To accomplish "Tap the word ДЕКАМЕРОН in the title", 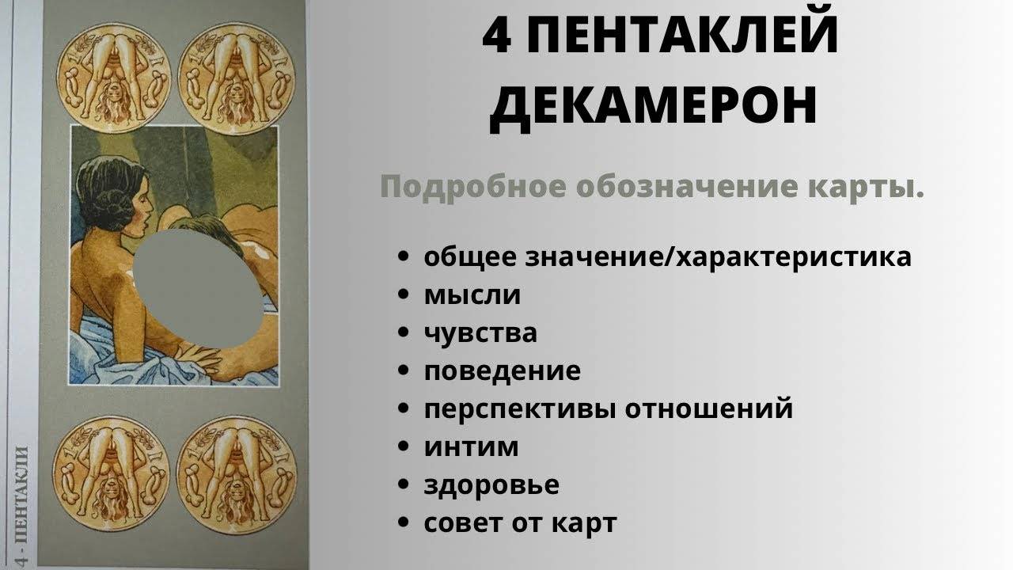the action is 654,105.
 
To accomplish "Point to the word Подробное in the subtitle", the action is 473,186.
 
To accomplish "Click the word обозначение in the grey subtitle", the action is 687,186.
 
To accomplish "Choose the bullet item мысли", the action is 472,295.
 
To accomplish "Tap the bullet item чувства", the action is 480,332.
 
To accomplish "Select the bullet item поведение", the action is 502,371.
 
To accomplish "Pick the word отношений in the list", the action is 708,408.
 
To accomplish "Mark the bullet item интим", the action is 471,447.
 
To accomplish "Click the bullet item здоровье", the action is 491,485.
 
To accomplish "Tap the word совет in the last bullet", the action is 462,523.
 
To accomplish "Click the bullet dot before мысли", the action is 403,295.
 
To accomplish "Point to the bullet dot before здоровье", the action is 403,485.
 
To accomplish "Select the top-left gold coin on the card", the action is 114,72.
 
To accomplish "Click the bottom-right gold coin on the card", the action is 237,473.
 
